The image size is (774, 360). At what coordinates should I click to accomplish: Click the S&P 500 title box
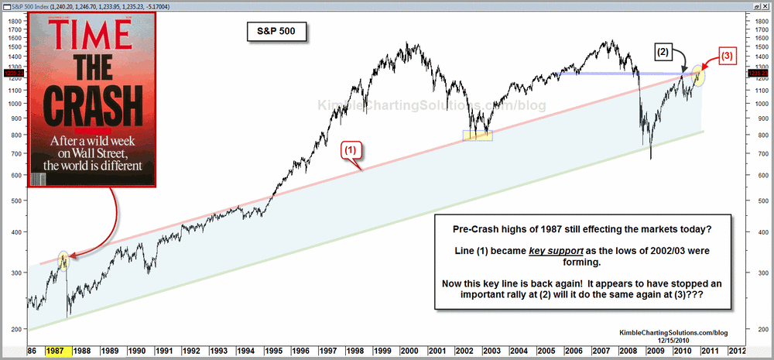271,32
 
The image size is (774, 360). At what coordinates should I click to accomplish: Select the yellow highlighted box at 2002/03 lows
478,135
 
